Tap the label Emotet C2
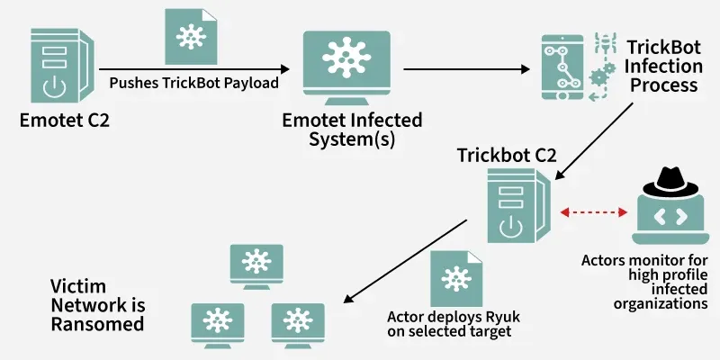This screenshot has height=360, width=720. tap(64, 121)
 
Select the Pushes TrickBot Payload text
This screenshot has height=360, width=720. tap(193, 83)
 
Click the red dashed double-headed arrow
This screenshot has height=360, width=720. tap(593, 212)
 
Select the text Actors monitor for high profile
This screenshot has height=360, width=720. tap(644, 267)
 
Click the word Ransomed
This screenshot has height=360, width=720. tap(96, 322)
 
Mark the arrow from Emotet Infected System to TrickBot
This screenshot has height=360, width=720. tap(463, 68)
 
